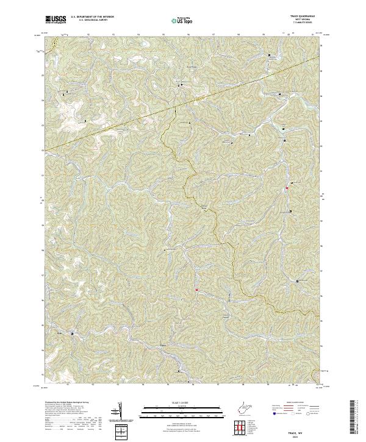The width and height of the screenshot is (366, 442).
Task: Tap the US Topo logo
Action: tap(182, 20)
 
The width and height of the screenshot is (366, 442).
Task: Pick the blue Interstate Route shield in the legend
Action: tap(273, 413)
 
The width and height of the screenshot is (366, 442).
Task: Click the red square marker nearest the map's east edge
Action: tap(286, 188)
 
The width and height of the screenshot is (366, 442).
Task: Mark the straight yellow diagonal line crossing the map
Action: tap(183, 104)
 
